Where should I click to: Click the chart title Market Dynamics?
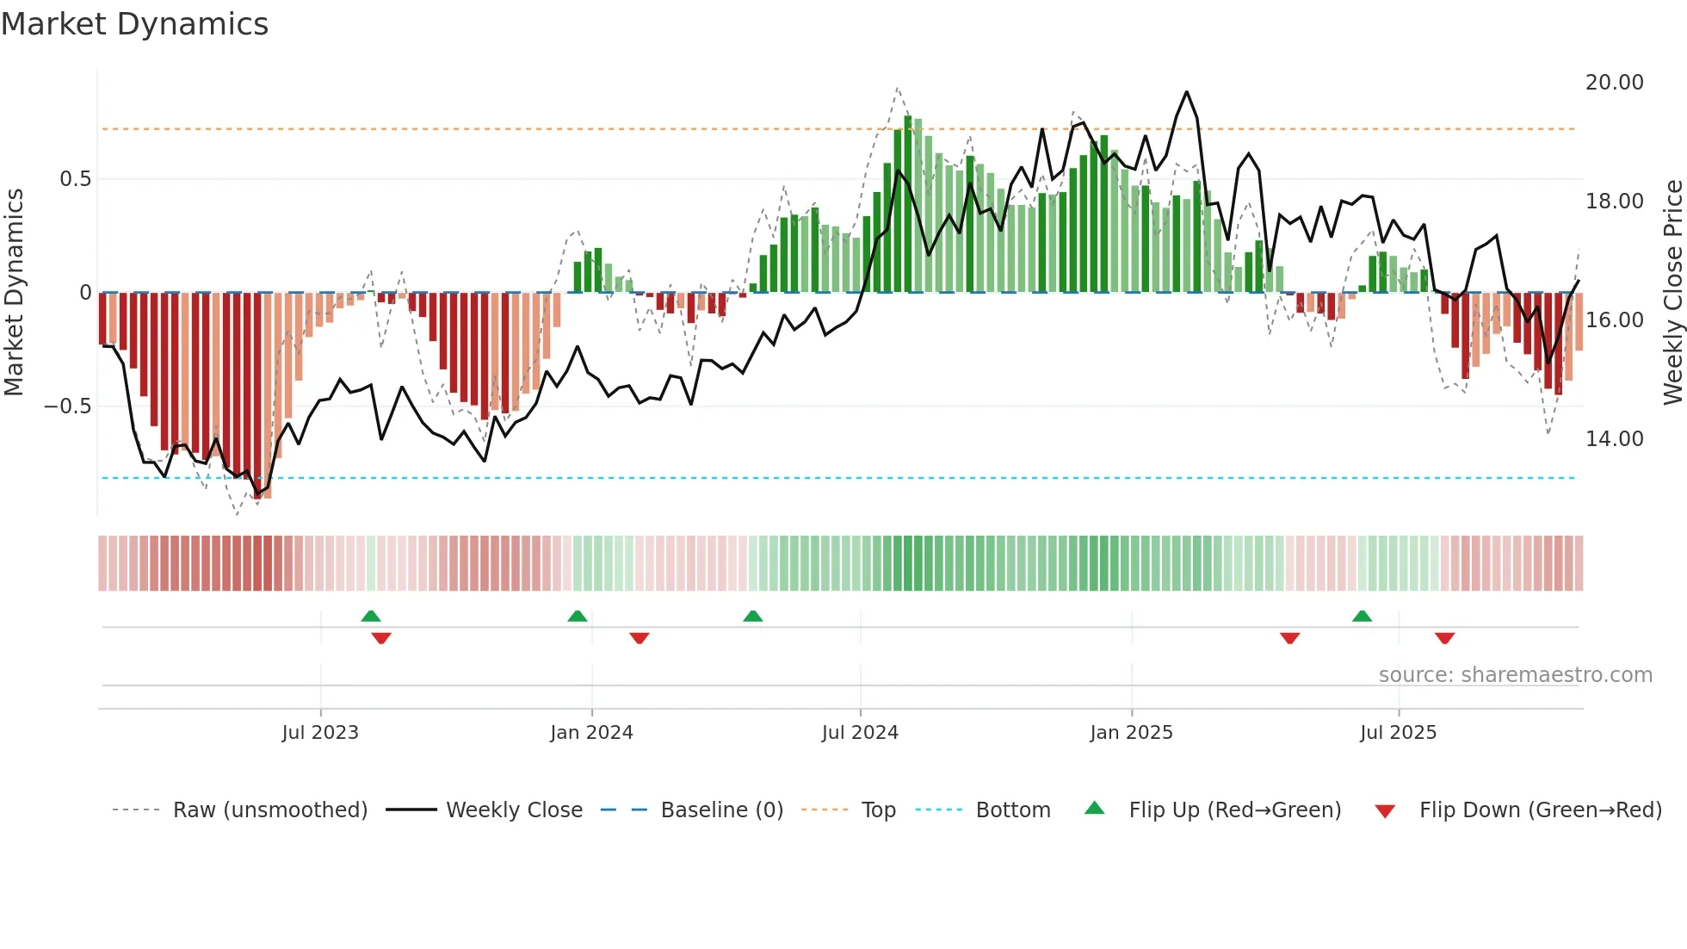[135, 24]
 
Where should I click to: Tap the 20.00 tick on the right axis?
[1614, 83]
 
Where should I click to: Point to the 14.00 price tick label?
[1614, 439]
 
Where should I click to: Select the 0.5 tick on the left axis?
[75, 179]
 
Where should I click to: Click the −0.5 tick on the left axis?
[68, 406]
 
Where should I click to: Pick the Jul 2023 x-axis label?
[320, 733]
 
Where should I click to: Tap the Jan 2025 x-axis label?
[1131, 733]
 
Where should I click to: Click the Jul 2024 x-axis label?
[860, 733]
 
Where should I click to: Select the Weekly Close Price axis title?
[1672, 292]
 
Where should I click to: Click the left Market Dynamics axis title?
[14, 292]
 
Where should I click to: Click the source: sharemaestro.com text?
[1515, 675]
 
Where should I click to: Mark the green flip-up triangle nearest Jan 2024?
[578, 617]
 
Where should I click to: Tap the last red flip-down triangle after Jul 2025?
[1444, 638]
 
